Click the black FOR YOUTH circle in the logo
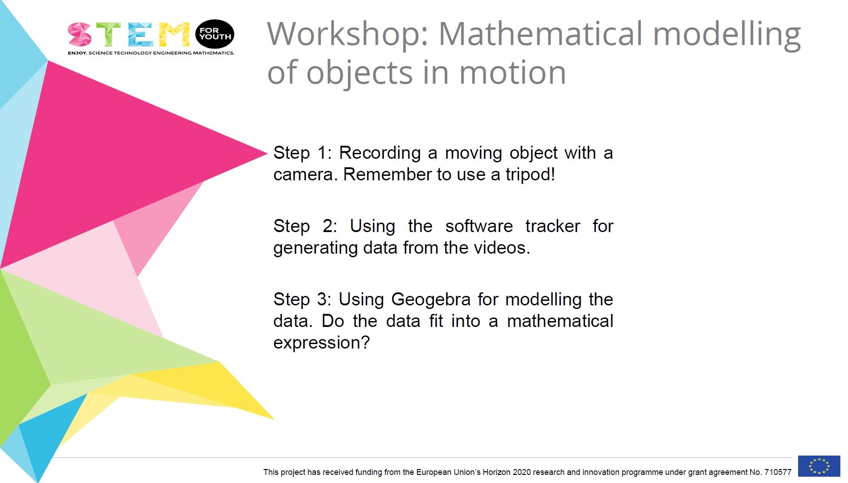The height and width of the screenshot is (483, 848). (x=215, y=34)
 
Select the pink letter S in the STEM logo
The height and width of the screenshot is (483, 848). (x=80, y=35)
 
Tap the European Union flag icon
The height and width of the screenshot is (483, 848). (x=819, y=466)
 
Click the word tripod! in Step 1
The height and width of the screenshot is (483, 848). (x=530, y=174)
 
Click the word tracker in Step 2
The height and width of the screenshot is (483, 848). (x=552, y=226)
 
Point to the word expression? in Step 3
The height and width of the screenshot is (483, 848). (x=321, y=343)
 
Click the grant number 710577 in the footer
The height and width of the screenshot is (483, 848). (x=777, y=472)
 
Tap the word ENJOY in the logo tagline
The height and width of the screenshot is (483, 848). (x=77, y=53)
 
